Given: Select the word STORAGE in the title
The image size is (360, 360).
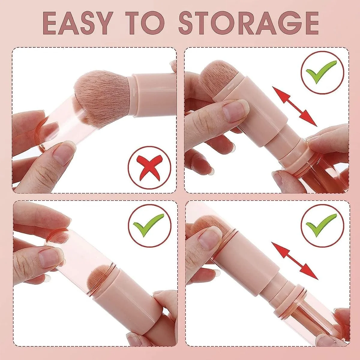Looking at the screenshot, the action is pos(249,23).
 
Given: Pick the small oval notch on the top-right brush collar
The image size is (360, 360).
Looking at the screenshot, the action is pos(231,87).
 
